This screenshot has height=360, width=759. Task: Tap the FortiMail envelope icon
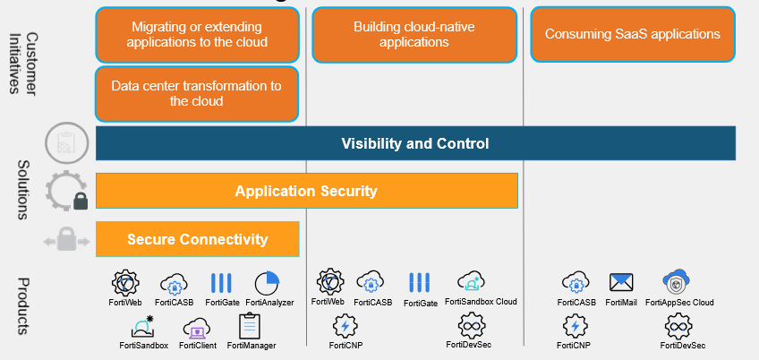coord(621,282)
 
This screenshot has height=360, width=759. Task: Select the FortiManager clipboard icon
coord(250,326)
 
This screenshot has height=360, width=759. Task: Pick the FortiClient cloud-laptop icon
coord(197,328)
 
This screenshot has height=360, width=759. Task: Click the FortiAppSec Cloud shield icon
coord(677,281)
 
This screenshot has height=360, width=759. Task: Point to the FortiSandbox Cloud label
coord(481,302)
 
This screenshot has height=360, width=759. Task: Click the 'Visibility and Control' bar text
coord(414,143)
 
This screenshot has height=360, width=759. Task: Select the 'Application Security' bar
coord(307,191)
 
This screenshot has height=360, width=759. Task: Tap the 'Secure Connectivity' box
coord(198,239)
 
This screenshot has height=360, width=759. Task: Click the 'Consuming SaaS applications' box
coord(633,34)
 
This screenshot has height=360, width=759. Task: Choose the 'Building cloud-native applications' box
coord(414,34)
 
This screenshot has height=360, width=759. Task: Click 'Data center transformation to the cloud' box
coord(197,93)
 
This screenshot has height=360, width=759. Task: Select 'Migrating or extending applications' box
coord(197,34)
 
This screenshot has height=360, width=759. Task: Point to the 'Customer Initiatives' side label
coord(23,64)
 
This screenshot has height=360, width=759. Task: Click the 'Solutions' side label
coord(23,190)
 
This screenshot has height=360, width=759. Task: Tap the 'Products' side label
coord(23,305)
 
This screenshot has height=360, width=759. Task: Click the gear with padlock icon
coord(67,190)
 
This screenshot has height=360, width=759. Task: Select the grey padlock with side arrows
coord(67,240)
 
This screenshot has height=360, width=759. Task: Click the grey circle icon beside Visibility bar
coord(67,143)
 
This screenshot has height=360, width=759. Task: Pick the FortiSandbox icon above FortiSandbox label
coord(142,327)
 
